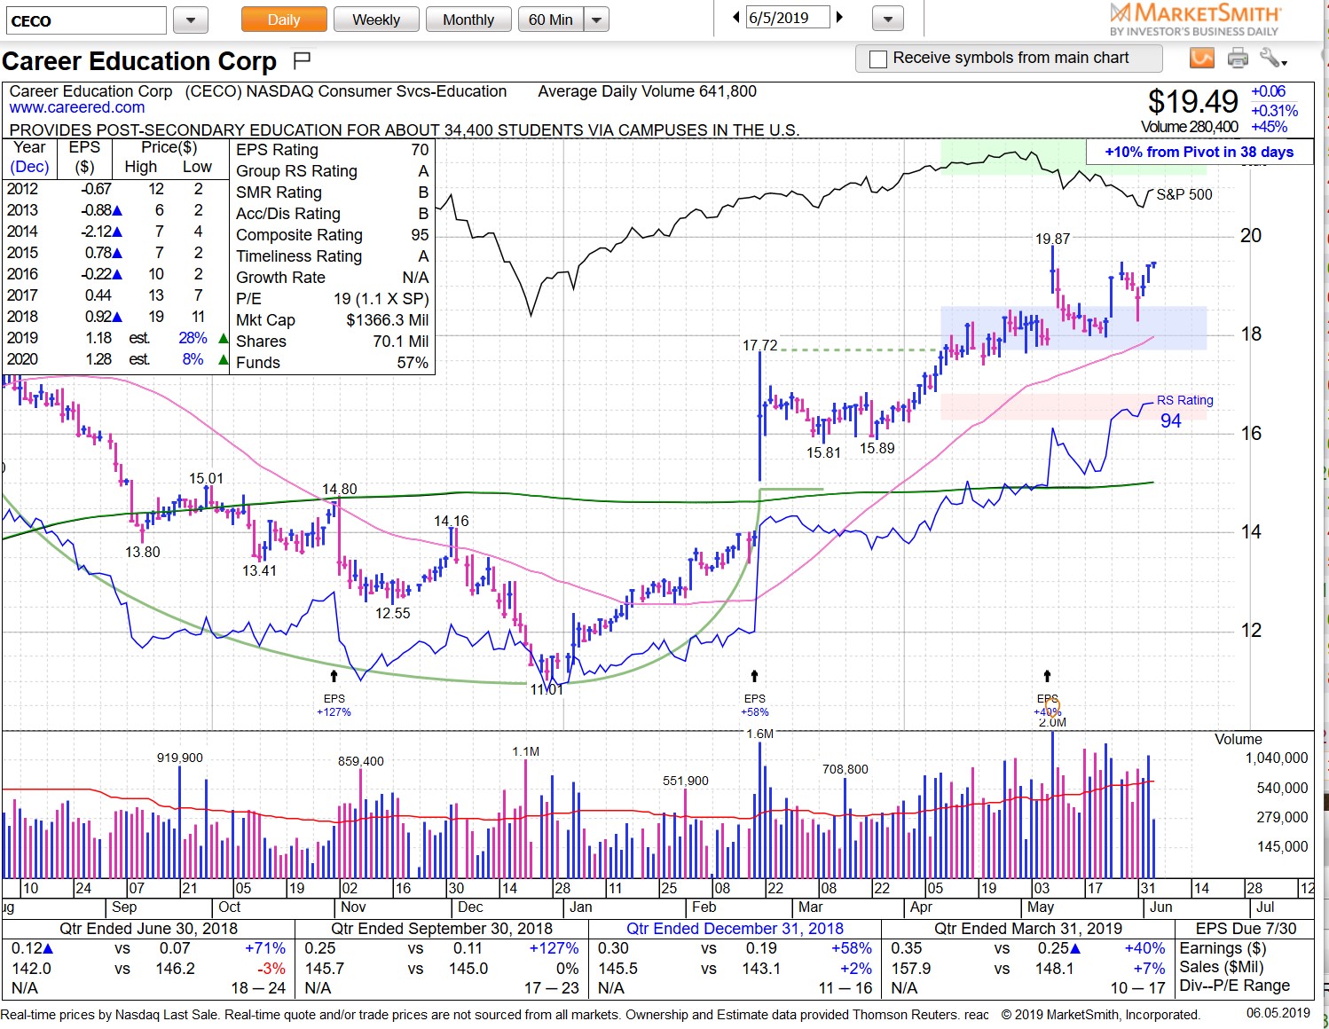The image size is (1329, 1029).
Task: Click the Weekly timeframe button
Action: point(375,20)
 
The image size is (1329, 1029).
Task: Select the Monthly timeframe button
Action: point(468,20)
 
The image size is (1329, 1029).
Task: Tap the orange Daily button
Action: point(284,20)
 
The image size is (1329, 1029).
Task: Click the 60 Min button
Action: point(550,20)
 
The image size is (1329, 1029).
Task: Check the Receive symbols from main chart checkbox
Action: point(878,59)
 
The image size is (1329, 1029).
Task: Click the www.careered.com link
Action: point(77,107)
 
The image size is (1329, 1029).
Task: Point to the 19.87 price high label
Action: point(1052,239)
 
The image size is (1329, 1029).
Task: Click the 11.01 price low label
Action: point(547,689)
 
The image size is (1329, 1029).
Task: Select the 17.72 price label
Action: point(759,345)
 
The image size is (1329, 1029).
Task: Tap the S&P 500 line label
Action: point(1184,194)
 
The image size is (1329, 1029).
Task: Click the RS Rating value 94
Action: point(1170,421)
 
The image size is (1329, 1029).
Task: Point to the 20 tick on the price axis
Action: point(1250,236)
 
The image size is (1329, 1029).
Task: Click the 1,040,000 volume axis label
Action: point(1276,758)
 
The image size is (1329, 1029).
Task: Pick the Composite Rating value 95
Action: point(420,235)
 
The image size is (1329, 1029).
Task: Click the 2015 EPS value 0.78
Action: point(98,253)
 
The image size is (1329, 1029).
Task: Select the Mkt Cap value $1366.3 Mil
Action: point(387,320)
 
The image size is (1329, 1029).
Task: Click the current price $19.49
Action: point(1192,102)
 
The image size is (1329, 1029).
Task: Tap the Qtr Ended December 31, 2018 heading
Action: point(735,929)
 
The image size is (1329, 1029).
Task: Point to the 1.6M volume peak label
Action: point(759,734)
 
